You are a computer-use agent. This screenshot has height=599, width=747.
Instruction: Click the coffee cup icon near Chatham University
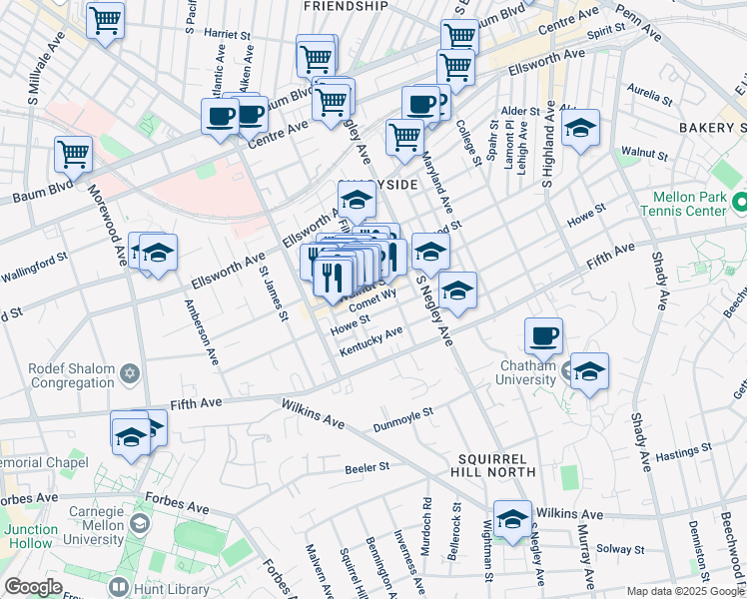point(543,337)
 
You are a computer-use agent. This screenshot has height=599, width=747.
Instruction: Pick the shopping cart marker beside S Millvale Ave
point(73,155)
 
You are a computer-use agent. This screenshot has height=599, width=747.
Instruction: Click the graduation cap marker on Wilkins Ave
point(512,520)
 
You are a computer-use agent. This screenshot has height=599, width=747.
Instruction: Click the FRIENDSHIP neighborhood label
point(345,6)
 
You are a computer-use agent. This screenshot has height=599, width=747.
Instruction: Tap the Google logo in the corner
point(33,587)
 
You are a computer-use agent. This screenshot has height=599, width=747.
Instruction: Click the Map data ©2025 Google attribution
point(685,591)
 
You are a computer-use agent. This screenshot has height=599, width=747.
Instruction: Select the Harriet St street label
point(228,35)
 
